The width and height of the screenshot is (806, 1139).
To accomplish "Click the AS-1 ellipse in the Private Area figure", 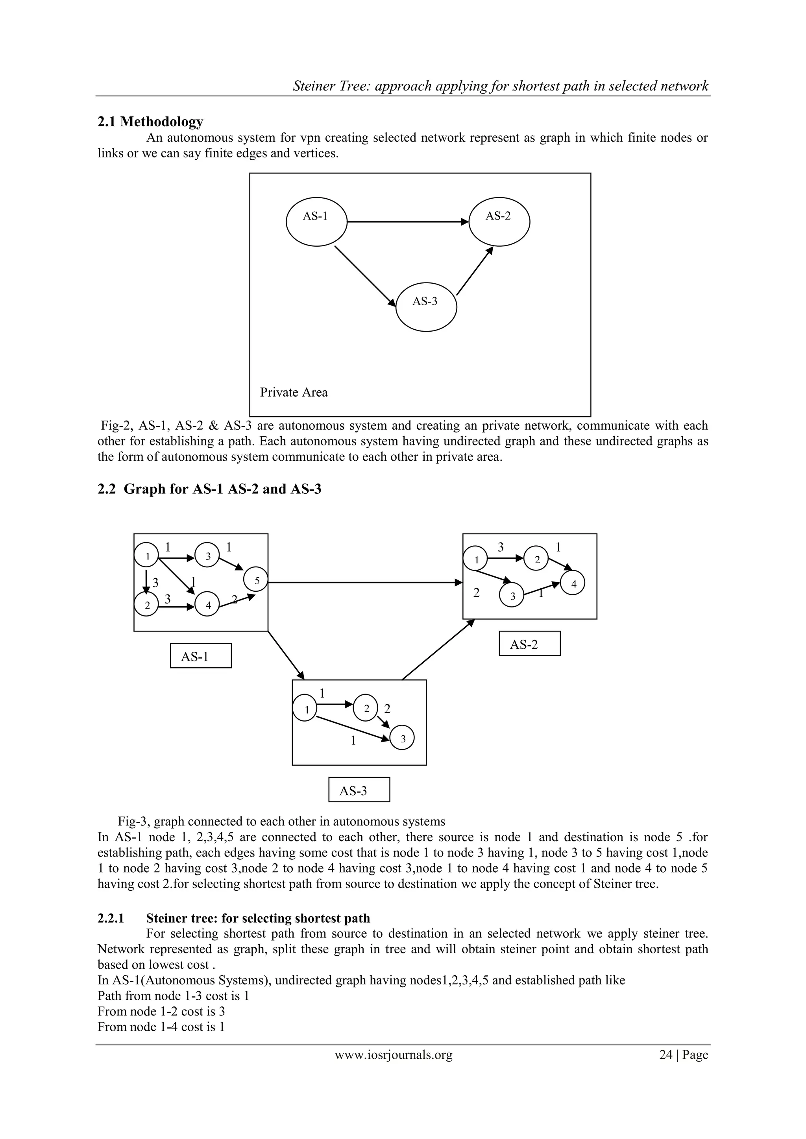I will (316, 222).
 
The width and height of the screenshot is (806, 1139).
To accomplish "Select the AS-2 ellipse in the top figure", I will (499, 222).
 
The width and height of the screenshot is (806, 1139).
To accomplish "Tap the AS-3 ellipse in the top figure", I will (426, 307).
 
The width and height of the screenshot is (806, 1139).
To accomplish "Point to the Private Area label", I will (294, 392).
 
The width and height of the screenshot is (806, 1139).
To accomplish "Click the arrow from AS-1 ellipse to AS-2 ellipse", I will (407, 222).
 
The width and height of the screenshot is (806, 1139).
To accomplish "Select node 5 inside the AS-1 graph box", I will (256, 580).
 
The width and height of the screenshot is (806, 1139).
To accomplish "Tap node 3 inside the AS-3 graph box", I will (403, 739).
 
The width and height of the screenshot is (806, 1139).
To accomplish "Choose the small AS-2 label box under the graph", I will (530, 644).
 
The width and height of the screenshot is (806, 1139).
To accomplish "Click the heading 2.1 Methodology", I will (150, 122).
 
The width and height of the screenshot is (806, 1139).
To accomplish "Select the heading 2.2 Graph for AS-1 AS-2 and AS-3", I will (209, 489).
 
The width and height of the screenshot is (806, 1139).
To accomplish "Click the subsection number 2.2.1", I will (111, 918).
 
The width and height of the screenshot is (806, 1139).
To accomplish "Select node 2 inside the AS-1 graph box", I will (146, 605).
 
